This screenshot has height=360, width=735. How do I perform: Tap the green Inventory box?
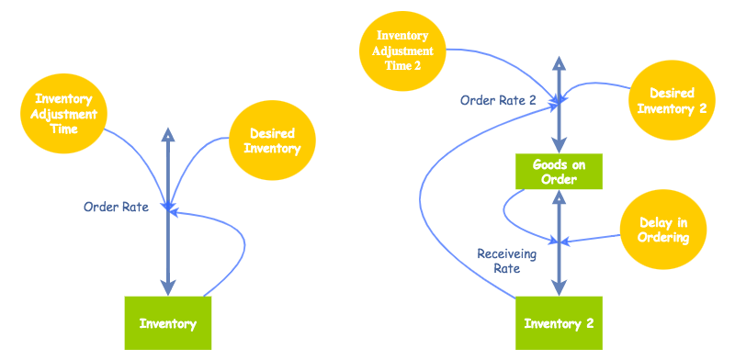click(168, 323)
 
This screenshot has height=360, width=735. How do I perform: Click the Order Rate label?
click(116, 207)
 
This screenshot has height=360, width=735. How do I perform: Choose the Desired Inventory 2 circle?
click(671, 101)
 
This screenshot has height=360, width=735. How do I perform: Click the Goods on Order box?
click(559, 172)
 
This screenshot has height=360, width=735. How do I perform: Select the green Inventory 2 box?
click(558, 323)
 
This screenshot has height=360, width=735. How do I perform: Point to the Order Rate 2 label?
click(498, 100)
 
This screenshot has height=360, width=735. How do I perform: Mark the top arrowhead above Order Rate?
click(167, 134)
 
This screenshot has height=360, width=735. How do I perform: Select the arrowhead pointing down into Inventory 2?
click(559, 288)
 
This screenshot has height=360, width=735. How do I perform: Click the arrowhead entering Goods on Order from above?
click(559, 146)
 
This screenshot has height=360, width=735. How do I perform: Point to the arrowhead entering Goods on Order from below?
click(559, 197)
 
